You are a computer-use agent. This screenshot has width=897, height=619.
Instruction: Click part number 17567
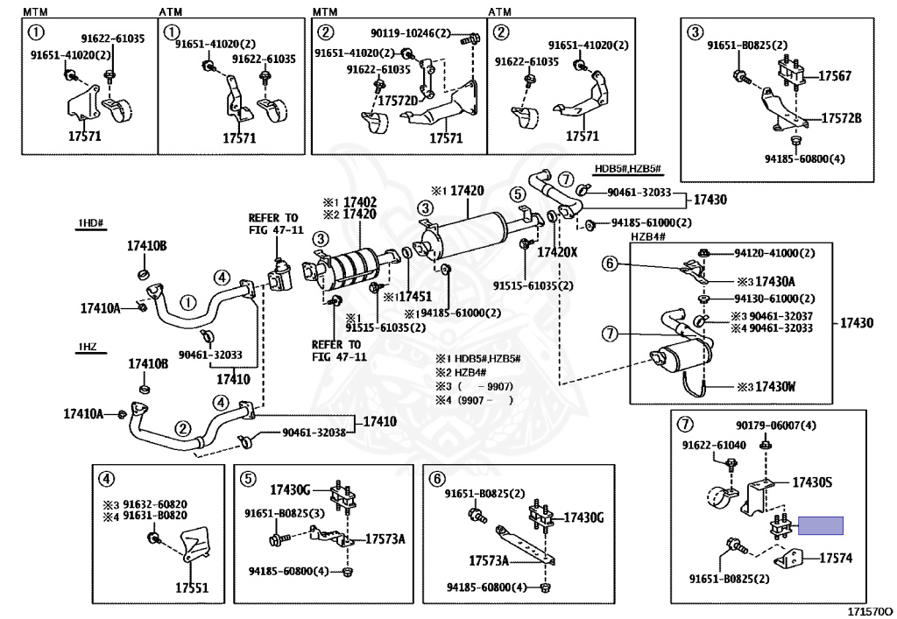click(x=835, y=76)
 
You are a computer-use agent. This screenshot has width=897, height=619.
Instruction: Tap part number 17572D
click(x=399, y=101)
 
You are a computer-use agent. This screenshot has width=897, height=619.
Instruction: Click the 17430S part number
click(x=812, y=482)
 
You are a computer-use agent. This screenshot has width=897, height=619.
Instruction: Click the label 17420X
click(x=558, y=252)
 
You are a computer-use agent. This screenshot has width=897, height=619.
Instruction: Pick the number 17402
click(x=359, y=200)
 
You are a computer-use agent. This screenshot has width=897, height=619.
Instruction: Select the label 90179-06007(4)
click(x=776, y=426)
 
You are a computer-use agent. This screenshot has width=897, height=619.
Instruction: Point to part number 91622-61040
click(x=715, y=445)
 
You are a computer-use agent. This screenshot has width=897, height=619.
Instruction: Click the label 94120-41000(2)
click(x=774, y=253)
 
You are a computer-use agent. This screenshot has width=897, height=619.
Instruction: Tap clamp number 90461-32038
click(x=313, y=433)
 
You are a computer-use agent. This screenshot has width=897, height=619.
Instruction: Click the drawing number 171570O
click(x=869, y=610)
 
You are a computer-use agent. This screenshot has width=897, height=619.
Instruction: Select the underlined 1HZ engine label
click(x=87, y=348)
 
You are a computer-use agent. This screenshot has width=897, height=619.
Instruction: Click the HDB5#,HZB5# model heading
click(x=626, y=168)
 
